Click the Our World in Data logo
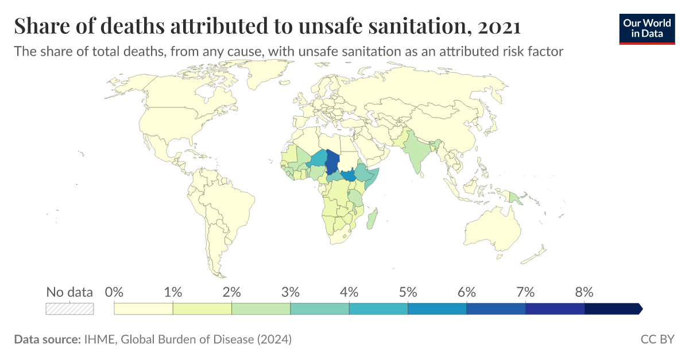647,27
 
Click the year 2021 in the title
498,26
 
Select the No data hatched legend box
69,309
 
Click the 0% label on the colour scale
115,292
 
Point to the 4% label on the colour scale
349,292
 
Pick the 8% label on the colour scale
584,292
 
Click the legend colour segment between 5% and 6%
437,309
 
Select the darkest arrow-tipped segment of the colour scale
612,309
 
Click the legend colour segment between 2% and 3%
261,309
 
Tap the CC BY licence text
657,340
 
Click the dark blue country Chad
332,162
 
